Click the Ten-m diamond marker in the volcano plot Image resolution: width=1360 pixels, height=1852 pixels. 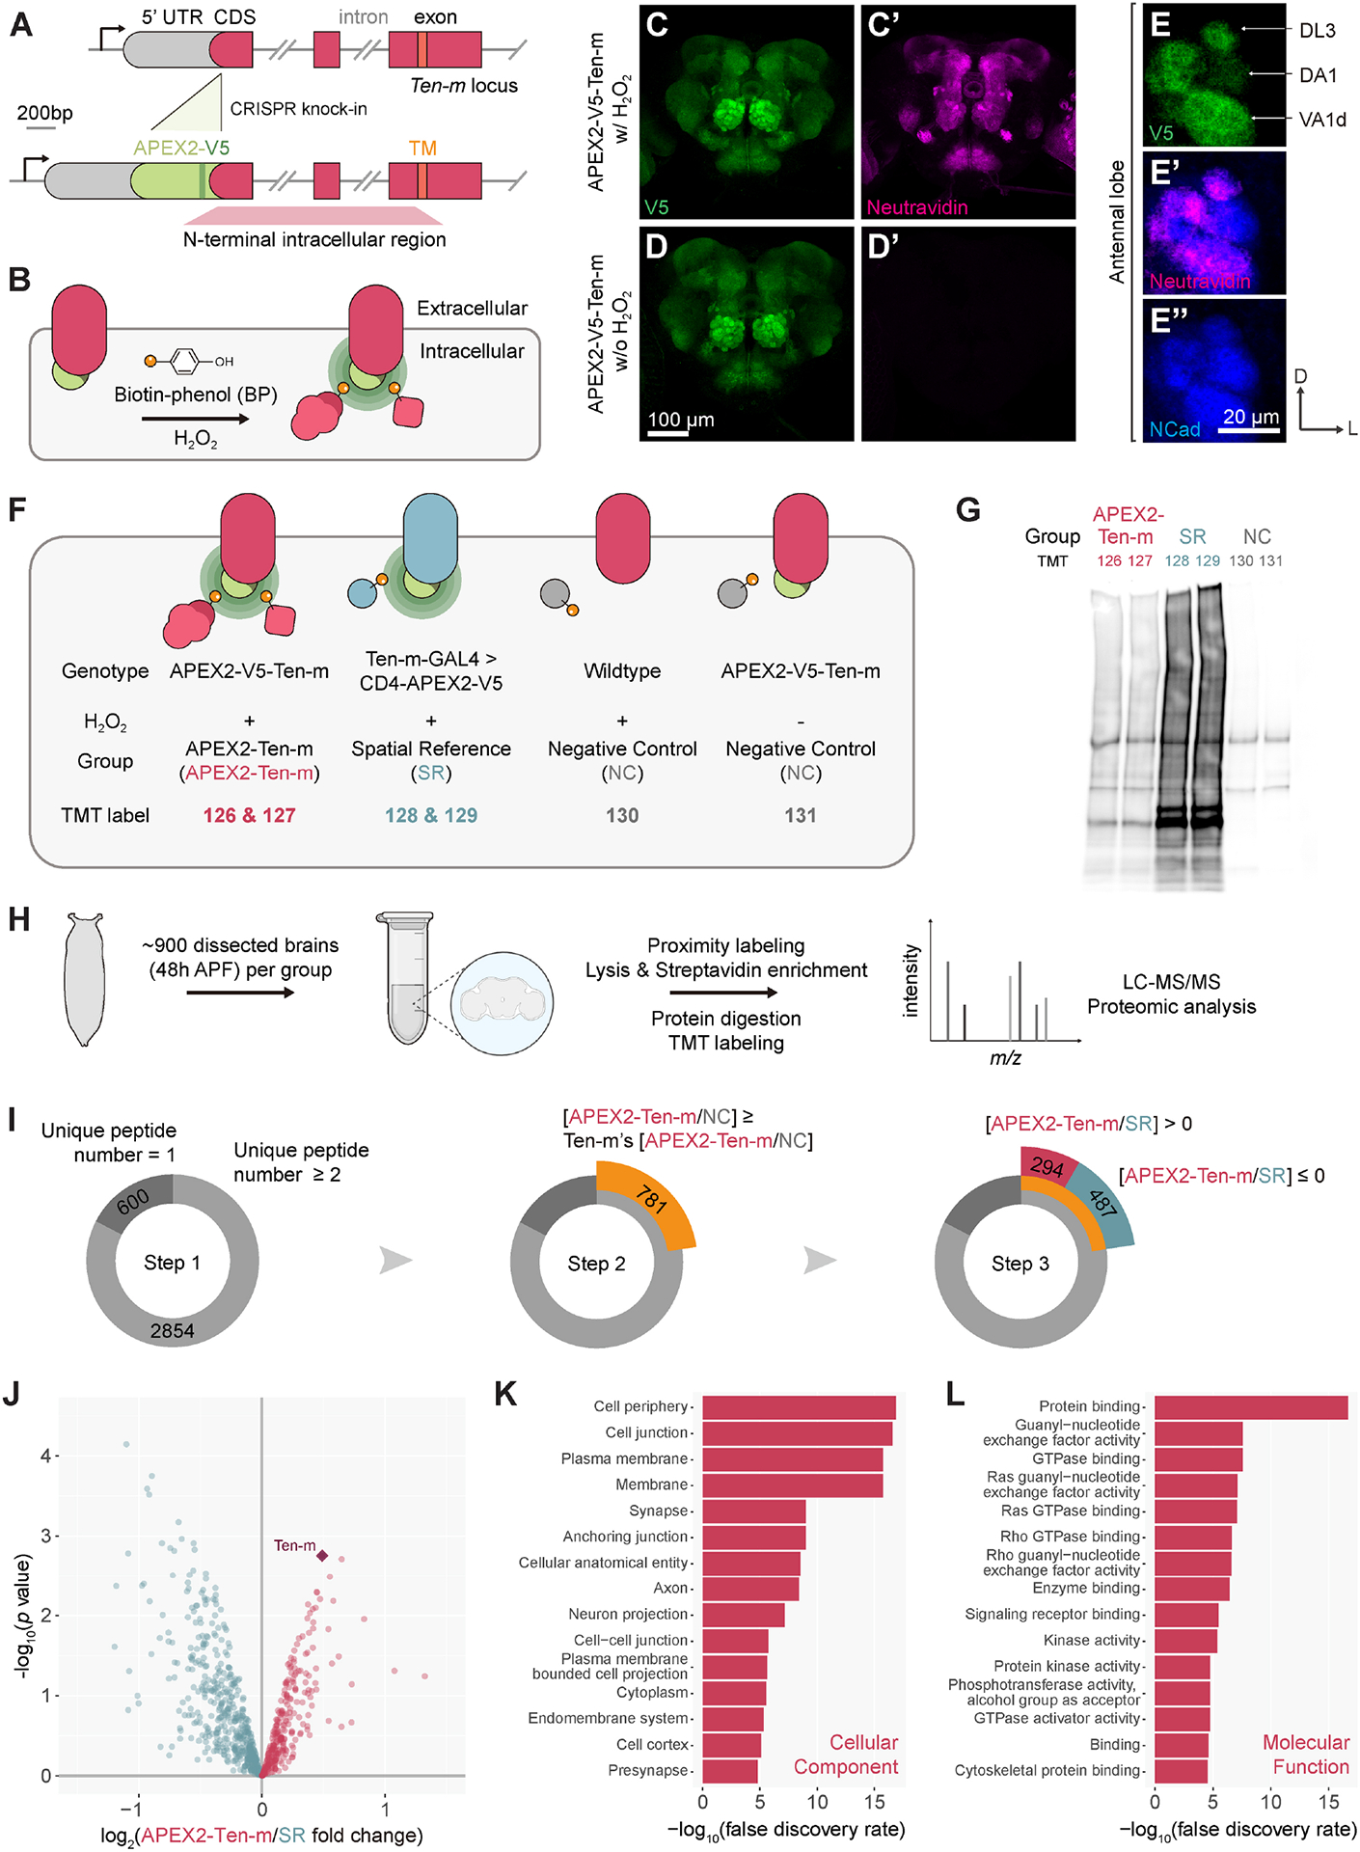322,1555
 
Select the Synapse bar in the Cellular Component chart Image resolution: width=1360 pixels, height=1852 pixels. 753,1511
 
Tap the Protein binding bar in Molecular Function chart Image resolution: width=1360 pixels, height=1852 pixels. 1250,1406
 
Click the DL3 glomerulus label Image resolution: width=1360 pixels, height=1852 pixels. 1317,31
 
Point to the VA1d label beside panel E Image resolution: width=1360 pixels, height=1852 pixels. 1321,120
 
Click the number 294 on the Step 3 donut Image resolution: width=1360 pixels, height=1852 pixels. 1047,1167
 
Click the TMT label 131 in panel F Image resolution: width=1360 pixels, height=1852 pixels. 800,815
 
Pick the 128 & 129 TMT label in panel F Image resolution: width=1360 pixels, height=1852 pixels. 431,815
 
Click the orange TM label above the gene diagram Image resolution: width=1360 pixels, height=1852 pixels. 422,149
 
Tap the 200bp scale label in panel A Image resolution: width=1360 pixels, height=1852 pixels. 44,113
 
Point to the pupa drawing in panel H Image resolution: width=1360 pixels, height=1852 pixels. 84,979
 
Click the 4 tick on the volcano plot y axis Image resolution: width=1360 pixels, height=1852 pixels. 45,1455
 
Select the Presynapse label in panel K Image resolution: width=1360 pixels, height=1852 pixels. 648,1770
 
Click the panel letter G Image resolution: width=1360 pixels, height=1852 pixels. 967,509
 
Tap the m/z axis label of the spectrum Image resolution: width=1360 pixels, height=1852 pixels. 1005,1058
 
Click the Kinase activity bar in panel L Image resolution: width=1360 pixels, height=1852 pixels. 1185,1640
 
